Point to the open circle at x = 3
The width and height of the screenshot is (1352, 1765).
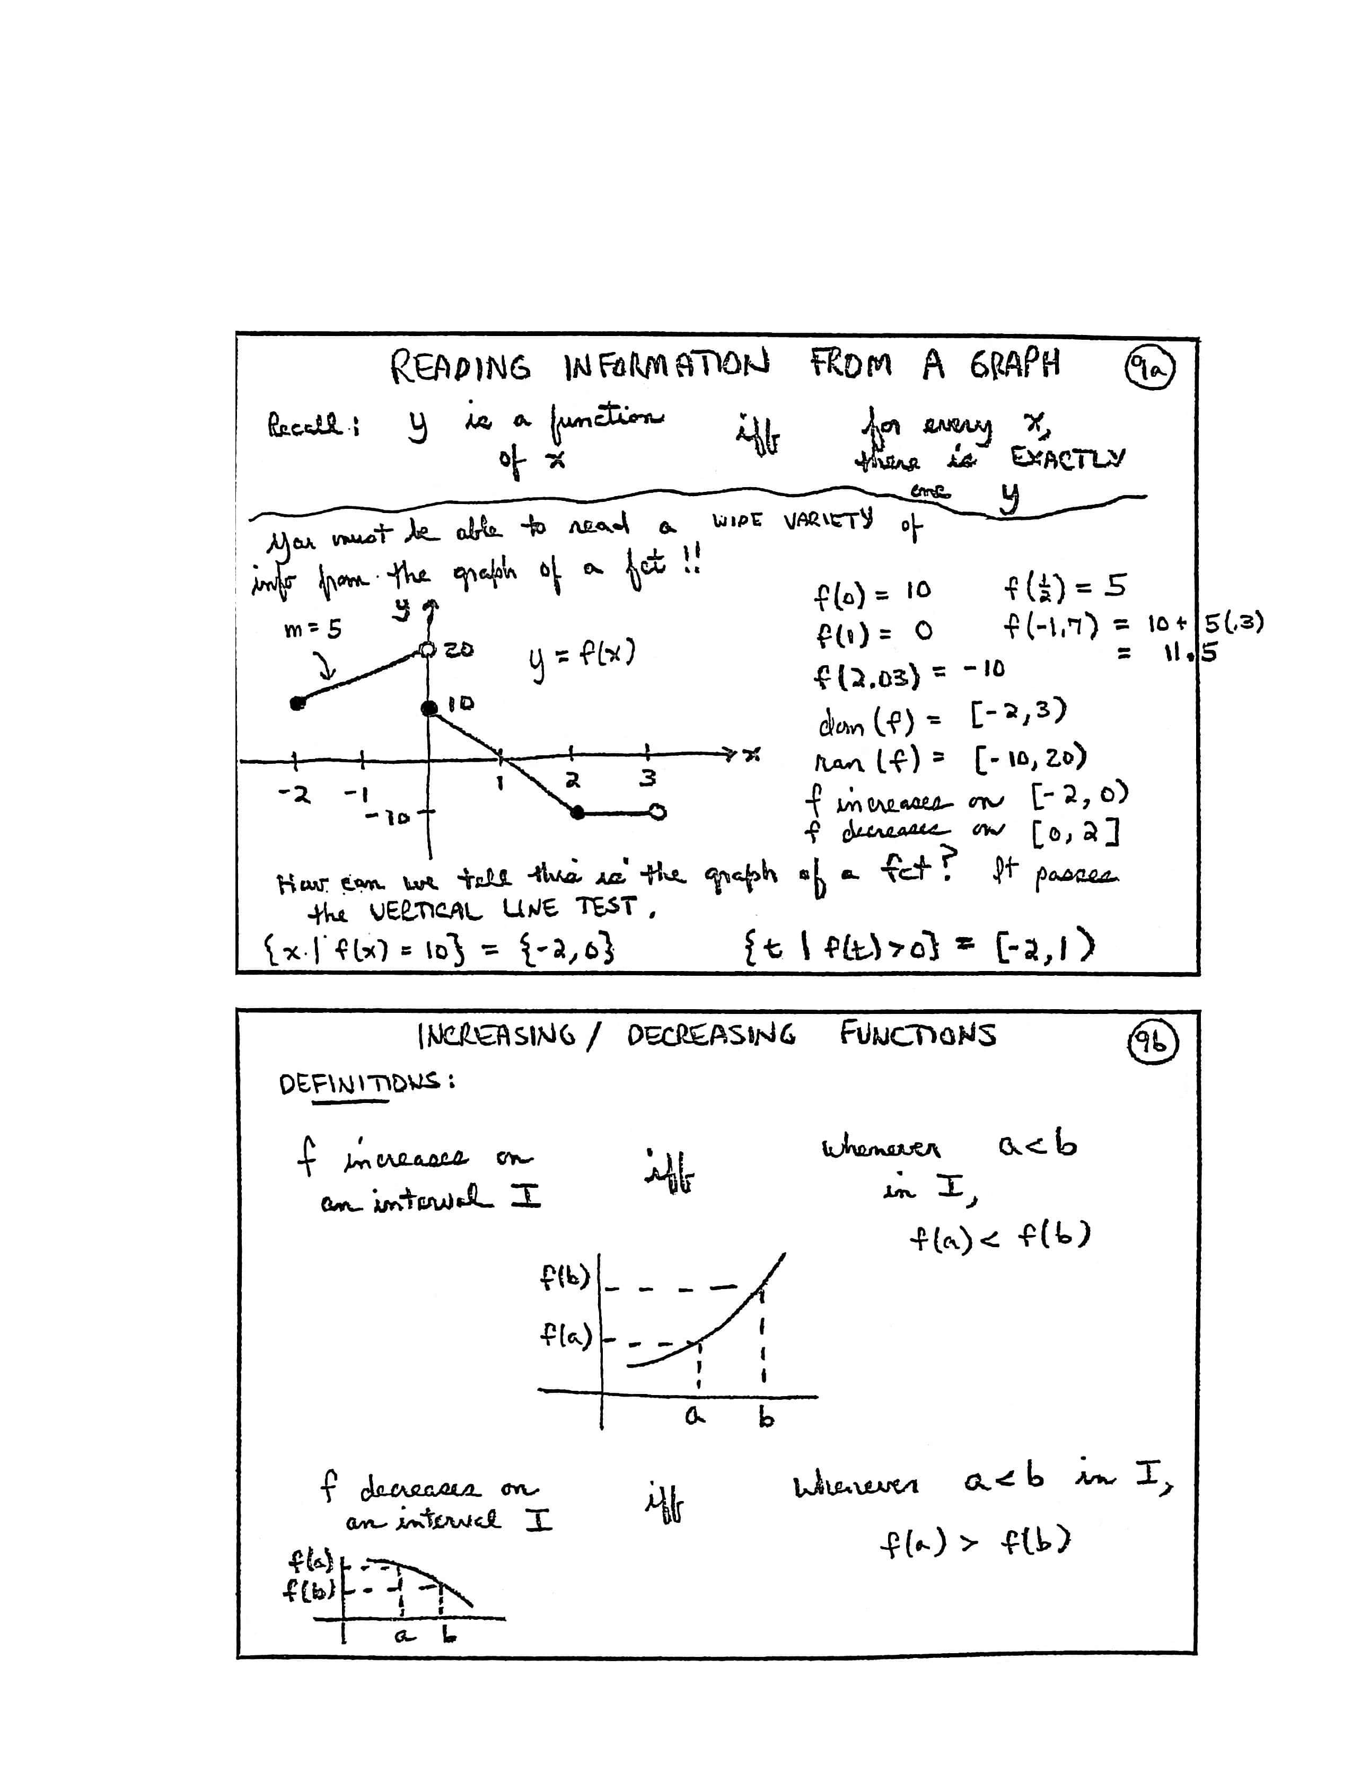click(657, 813)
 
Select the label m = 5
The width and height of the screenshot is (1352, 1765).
click(313, 628)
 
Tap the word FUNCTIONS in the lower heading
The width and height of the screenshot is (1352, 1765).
click(917, 1034)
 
